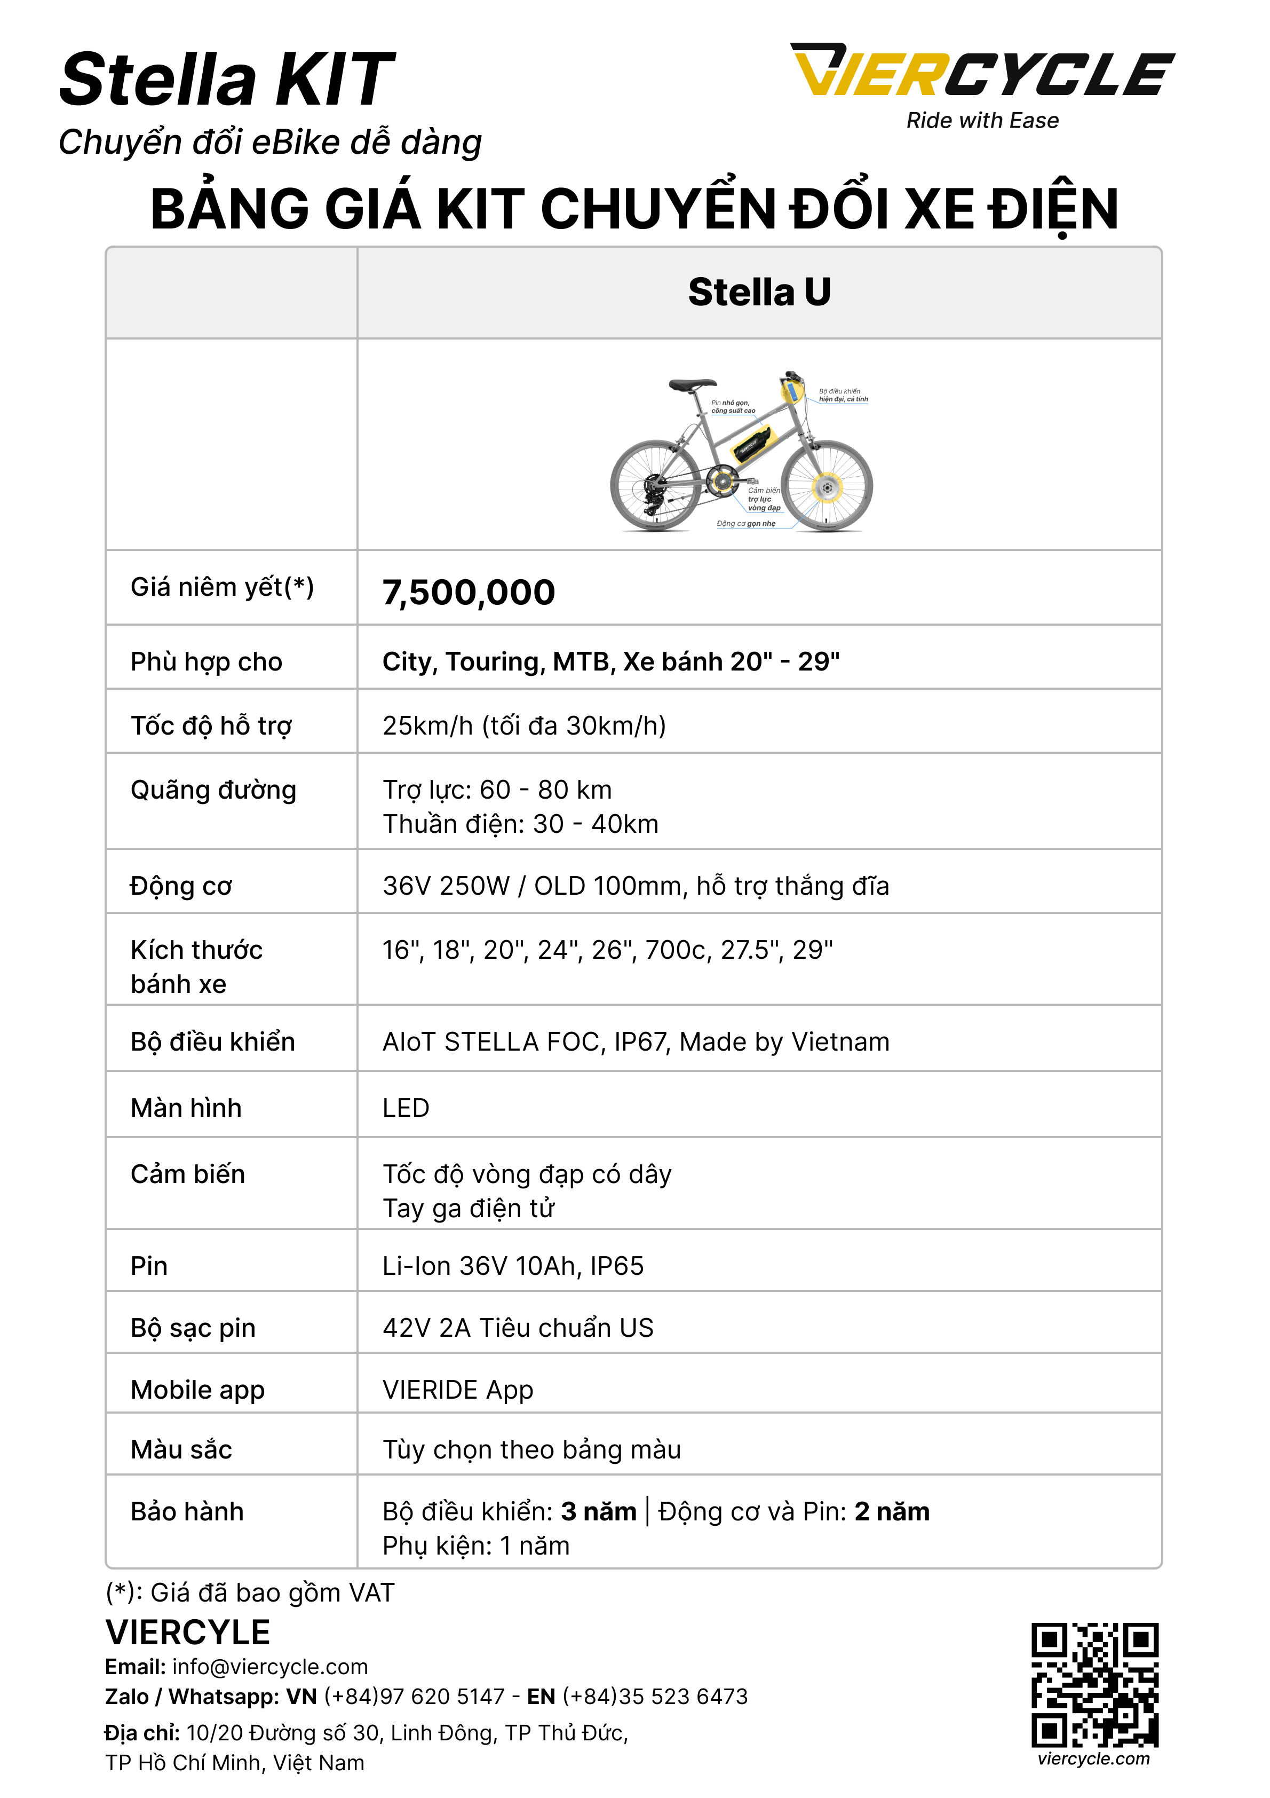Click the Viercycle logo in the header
coord(982,71)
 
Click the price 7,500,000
coord(468,593)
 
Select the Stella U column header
coord(759,292)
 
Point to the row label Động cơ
coord(181,886)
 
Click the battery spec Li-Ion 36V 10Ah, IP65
coord(513,1266)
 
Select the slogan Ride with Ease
coord(982,121)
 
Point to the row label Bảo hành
coord(187,1511)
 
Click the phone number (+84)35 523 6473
coord(655,1696)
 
